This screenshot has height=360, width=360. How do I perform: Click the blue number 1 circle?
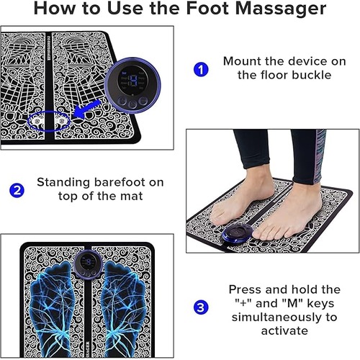[x=201, y=70]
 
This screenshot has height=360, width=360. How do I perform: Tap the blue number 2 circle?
[x=17, y=190]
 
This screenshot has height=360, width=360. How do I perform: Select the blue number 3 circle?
[x=201, y=307]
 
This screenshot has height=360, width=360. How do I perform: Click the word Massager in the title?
[x=281, y=9]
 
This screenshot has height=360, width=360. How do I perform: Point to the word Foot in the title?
[x=208, y=8]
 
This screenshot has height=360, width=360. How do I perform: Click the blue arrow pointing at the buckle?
[x=86, y=109]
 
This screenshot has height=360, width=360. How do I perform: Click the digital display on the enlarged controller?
[x=132, y=81]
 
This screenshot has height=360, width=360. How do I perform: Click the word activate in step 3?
[x=284, y=330]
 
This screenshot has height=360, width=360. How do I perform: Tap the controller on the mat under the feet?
[x=238, y=233]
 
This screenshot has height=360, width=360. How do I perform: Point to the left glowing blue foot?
[x=52, y=310]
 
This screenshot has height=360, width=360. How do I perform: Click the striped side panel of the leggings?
[x=319, y=156]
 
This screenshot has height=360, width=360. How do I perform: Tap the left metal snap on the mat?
[x=37, y=121]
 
